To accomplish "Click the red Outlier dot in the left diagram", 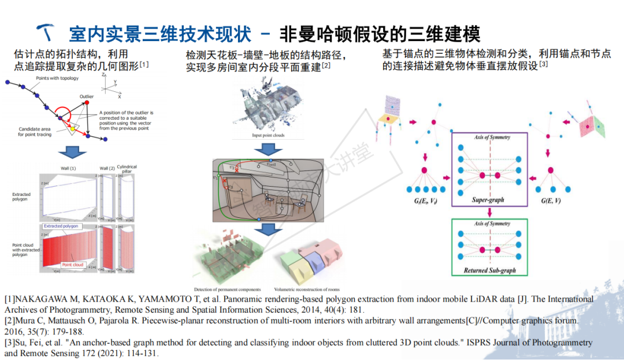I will pos(87,103).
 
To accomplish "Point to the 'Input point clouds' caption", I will pos(268,135).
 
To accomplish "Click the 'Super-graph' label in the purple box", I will pos(488,200).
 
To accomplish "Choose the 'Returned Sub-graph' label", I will pos(490,270).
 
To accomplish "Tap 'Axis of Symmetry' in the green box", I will pos(491,224).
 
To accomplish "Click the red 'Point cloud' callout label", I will pos(73,265).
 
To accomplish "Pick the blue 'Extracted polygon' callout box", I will pos(61,227).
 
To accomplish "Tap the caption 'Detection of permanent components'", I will pos(227,289).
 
